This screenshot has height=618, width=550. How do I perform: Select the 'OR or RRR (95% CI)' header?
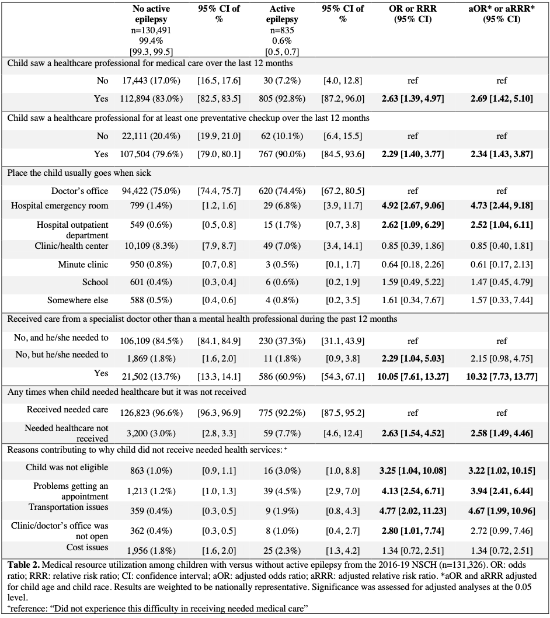pyautogui.click(x=413, y=14)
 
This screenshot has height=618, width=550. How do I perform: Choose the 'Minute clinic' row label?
pyautogui.click(x=83, y=265)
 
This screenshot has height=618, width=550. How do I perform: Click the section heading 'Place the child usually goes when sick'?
pyautogui.click(x=79, y=173)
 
